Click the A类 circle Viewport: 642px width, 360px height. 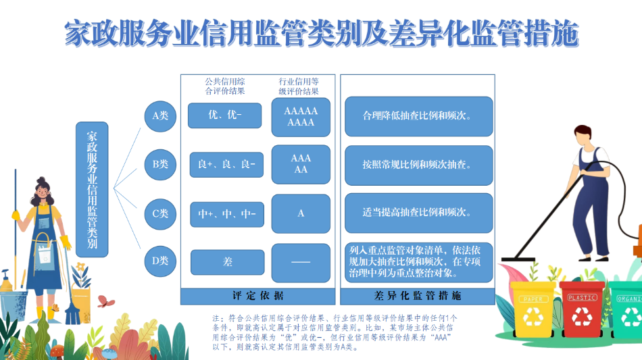[160, 115]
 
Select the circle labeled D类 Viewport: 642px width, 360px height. [160, 261]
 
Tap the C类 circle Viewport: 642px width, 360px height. [160, 213]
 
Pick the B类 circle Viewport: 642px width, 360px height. [160, 164]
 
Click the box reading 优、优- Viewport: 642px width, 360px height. [225, 115]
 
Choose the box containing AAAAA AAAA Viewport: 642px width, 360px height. [301, 117]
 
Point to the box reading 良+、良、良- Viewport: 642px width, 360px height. [226, 164]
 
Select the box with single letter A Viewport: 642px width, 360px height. [301, 213]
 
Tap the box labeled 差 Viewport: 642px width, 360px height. [228, 262]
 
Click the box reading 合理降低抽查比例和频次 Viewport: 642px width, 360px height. [419, 116]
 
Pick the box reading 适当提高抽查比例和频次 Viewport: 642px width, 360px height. [419, 213]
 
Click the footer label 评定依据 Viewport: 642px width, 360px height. [258, 296]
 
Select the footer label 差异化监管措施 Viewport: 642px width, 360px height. [418, 296]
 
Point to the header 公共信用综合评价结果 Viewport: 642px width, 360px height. [225, 86]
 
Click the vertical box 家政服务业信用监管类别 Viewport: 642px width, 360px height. [92, 189]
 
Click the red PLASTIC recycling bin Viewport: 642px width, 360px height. [582, 309]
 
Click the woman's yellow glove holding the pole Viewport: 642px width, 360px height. [16, 215]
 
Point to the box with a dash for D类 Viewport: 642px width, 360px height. [301, 263]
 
